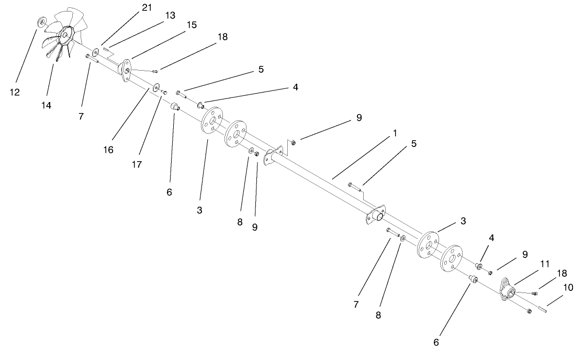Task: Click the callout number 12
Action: click(15, 93)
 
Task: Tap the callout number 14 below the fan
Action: click(47, 105)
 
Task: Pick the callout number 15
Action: click(192, 25)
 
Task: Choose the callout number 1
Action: click(395, 133)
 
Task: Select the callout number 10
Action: click(568, 287)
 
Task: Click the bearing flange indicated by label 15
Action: click(126, 71)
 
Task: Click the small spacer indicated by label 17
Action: click(164, 92)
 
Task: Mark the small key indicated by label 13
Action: click(106, 49)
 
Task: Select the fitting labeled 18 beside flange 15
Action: click(154, 71)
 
